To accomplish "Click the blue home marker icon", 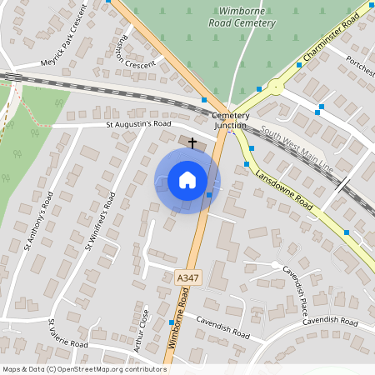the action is pos(187,180).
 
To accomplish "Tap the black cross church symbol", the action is pos(192,143).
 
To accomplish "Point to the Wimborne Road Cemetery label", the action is pos(246,17).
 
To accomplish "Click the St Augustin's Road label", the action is pos(138,124).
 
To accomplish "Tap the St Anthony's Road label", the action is pos(39,219).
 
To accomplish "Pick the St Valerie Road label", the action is pos(67,333).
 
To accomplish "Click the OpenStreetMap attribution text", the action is pos(84,368).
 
